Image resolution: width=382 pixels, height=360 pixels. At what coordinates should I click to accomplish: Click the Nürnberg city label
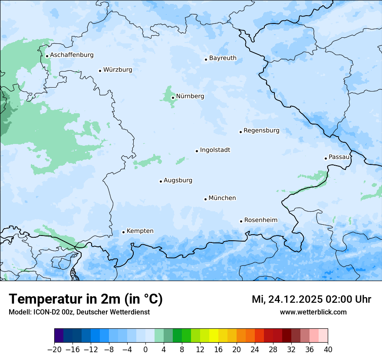point(190,96)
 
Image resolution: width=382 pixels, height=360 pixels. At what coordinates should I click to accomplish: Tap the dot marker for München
point(205,199)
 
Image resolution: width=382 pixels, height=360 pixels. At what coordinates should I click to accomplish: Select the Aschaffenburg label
point(72,55)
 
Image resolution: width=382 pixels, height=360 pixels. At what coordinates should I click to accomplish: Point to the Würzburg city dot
point(100,71)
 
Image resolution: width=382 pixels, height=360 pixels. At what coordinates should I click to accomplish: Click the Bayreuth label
point(223,58)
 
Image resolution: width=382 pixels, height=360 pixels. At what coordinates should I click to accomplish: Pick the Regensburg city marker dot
point(240,132)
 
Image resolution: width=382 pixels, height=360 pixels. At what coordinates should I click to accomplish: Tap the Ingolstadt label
point(215,150)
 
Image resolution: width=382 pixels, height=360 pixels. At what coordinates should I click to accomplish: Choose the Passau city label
point(339,157)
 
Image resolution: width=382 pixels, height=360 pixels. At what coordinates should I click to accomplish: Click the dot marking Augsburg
point(161,181)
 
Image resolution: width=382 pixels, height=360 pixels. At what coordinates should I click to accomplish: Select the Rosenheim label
point(260,220)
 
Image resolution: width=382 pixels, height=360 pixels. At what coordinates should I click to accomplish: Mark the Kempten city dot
point(123,232)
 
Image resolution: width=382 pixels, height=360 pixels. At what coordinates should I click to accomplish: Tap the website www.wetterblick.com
point(313,312)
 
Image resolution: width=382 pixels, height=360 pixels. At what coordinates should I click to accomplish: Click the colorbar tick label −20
point(54,350)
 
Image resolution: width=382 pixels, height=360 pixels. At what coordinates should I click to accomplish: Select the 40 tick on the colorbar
point(328,350)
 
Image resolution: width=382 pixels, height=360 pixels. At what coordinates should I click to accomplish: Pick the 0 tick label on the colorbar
point(145,350)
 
